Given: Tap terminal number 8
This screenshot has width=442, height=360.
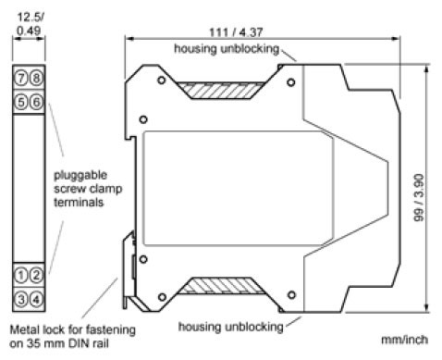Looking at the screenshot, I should (x=36, y=77).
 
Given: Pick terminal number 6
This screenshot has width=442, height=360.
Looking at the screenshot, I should (x=36, y=102).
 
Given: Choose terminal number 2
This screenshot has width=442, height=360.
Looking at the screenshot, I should (x=36, y=274).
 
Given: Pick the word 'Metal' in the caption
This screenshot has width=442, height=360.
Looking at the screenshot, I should (x=26, y=329).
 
